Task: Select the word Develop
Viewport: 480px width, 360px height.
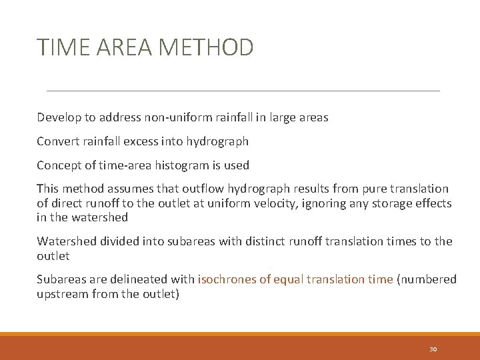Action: [x=58, y=118]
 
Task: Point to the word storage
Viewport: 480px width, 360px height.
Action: [x=385, y=203]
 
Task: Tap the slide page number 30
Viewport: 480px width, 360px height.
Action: [x=433, y=349]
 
